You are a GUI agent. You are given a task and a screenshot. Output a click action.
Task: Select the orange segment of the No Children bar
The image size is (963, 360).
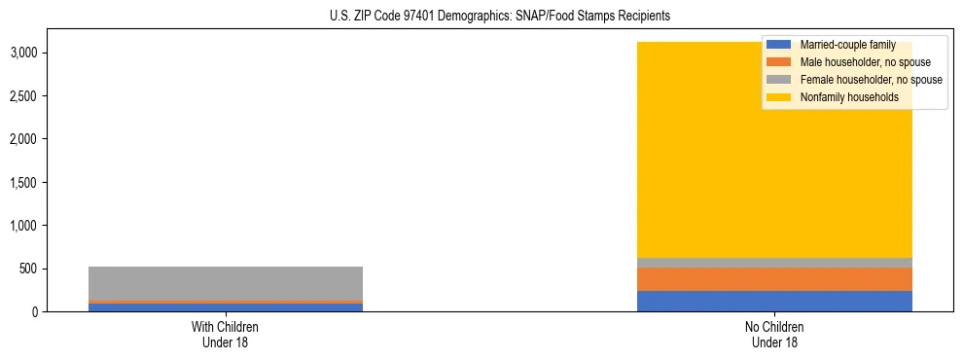click(774, 279)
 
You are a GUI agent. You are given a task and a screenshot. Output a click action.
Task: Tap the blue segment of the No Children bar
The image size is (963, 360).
click(774, 301)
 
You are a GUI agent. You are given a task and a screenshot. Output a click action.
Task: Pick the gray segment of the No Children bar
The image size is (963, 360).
click(774, 263)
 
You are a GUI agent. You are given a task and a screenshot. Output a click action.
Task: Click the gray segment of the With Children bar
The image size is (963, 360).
click(225, 283)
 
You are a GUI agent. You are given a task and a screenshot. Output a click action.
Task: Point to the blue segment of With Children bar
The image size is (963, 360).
click(225, 307)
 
